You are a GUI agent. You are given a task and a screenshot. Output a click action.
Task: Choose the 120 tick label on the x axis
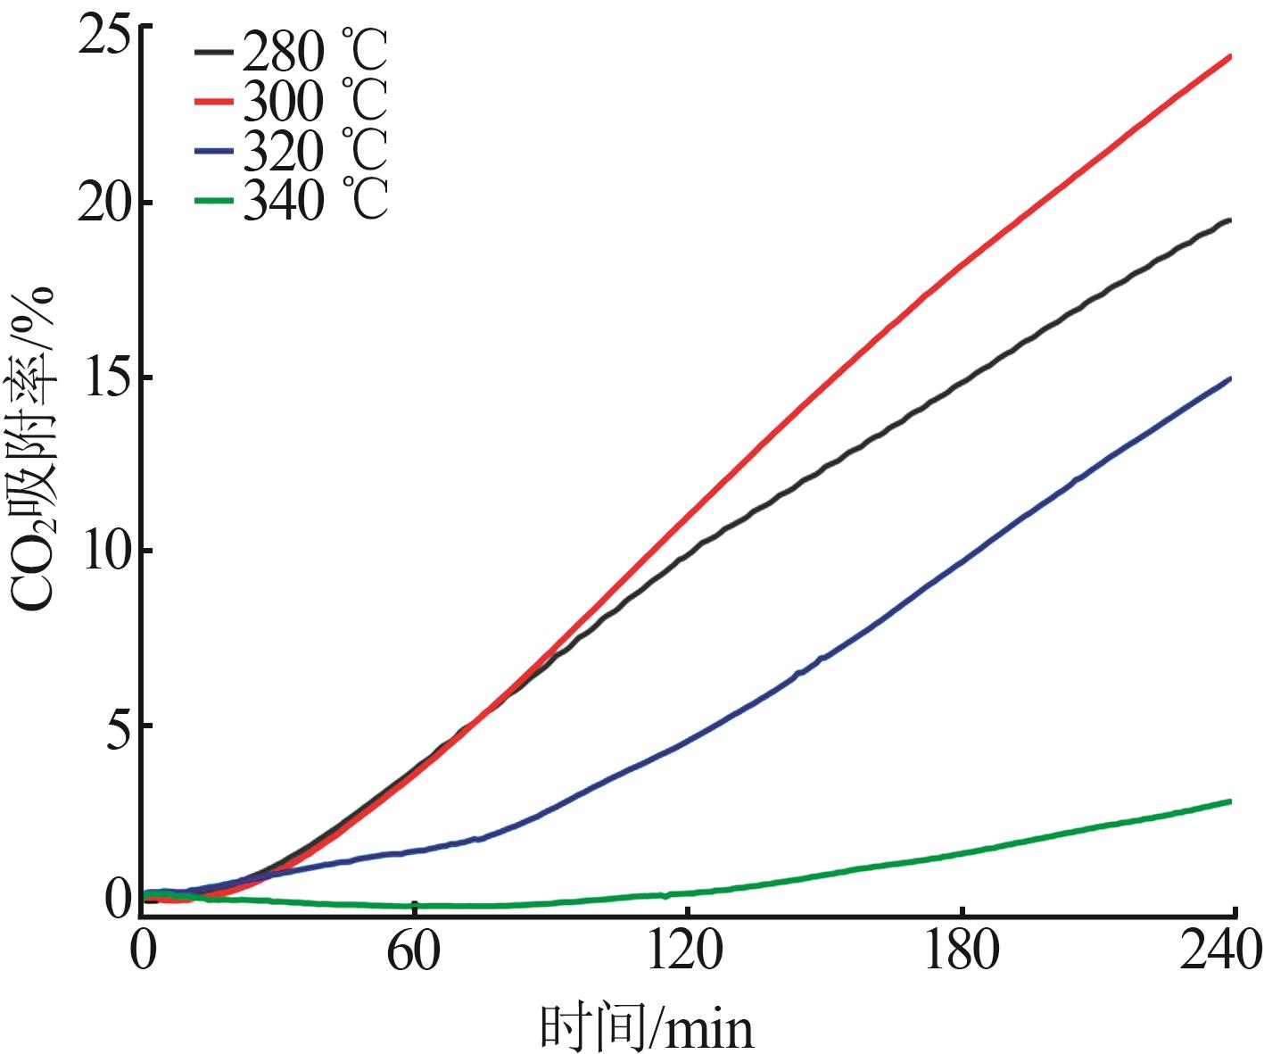coord(686,951)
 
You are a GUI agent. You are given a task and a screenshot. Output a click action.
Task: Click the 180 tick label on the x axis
coord(962,951)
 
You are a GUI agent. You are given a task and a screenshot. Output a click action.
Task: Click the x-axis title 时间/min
coord(647,1027)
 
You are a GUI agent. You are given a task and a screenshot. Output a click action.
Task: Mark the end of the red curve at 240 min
coord(1231,56)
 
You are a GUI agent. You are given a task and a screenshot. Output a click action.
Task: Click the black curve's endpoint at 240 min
coord(1231,220)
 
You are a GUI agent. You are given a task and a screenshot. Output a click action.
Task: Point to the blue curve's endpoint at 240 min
coord(1231,378)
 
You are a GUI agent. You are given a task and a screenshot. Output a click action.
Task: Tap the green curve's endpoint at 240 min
coord(1231,801)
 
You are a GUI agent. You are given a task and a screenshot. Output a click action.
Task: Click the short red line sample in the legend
coord(215,101)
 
